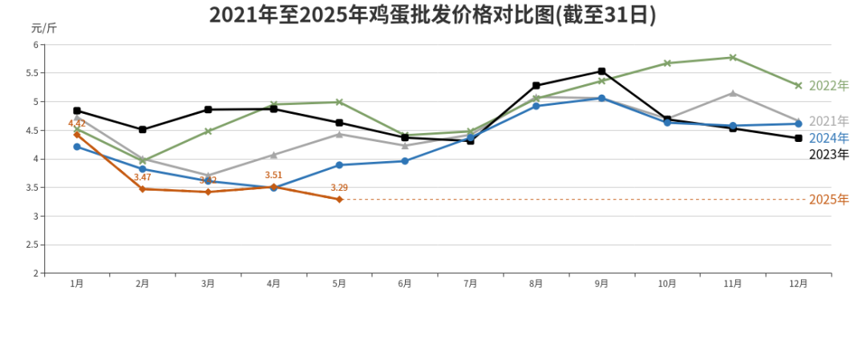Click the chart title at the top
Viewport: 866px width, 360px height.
pyautogui.click(x=432, y=15)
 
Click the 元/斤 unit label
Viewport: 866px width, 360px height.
pyautogui.click(x=43, y=28)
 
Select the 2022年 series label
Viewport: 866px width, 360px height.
pyautogui.click(x=828, y=86)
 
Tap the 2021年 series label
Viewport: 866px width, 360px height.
pyautogui.click(x=828, y=121)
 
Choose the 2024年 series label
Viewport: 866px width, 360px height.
pyautogui.click(x=828, y=138)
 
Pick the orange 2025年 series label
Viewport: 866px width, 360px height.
pyautogui.click(x=828, y=200)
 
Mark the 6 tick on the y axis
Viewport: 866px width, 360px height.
pyautogui.click(x=36, y=45)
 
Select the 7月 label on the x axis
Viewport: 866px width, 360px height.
pyautogui.click(x=470, y=283)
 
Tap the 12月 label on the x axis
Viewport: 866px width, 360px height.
pyautogui.click(x=798, y=283)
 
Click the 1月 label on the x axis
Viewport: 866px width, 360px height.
pyautogui.click(x=77, y=283)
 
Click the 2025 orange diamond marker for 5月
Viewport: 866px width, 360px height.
pyautogui.click(x=339, y=199)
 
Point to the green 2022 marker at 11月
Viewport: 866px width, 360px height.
pyautogui.click(x=733, y=58)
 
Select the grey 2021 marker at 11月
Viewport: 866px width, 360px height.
pyautogui.click(x=733, y=93)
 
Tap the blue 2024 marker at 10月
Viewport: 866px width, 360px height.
pyautogui.click(x=667, y=123)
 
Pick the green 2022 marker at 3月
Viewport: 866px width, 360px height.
pyautogui.click(x=208, y=131)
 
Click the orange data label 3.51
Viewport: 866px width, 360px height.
pyautogui.click(x=273, y=175)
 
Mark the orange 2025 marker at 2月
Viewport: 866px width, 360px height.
pyautogui.click(x=143, y=189)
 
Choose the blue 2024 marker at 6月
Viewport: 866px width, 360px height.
pyautogui.click(x=405, y=161)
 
